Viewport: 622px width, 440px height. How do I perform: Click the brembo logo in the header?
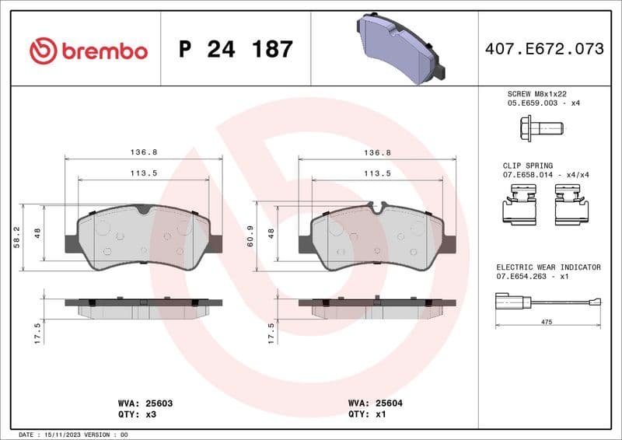pos(88,51)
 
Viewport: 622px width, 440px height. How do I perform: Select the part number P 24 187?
pos(236,50)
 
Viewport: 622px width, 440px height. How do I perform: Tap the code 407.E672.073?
pos(543,49)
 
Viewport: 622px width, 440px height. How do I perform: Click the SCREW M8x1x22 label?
pos(538,93)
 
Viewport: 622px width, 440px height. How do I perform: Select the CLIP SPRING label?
pos(529,166)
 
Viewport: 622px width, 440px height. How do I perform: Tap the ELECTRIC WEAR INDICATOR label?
pos(548,267)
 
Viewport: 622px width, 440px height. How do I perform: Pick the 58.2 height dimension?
pos(17,237)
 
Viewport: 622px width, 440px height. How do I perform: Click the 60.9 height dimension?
pos(251,237)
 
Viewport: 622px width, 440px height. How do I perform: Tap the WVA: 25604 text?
pos(374,404)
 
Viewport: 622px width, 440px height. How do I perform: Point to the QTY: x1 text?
pos(368,415)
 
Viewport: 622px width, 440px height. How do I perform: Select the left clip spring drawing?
pos(521,208)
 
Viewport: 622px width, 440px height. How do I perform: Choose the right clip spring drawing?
pos(571,208)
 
